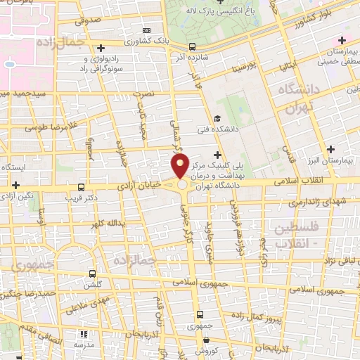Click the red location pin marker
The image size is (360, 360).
(180, 166)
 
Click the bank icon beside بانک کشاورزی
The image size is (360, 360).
(146, 31)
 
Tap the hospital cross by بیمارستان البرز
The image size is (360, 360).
(330, 149)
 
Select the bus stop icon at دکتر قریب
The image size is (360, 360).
(82, 187)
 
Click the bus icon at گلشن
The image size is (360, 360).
(92, 274)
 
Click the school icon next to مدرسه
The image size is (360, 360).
(84, 335)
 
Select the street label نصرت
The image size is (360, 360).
(143, 94)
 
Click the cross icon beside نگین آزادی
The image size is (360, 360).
(15, 184)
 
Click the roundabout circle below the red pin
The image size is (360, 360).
(182, 185)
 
